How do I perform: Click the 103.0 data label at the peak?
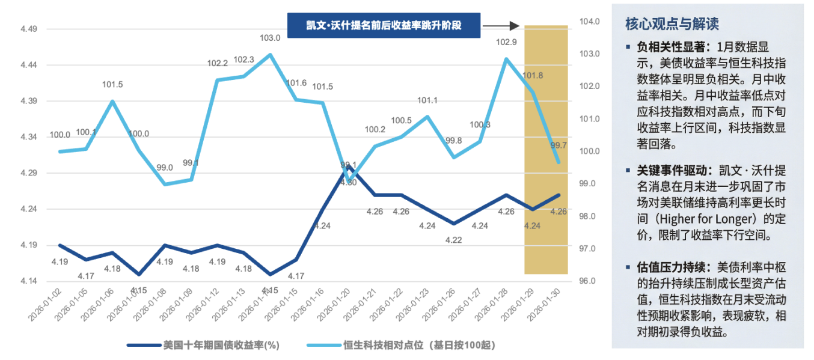[270, 38]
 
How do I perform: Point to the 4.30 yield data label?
[349, 182]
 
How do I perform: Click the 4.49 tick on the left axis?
[28, 29]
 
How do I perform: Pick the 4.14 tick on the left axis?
[28, 281]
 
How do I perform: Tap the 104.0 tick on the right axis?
[589, 22]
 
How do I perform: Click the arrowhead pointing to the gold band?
[514, 26]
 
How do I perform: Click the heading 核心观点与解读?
[672, 24]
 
